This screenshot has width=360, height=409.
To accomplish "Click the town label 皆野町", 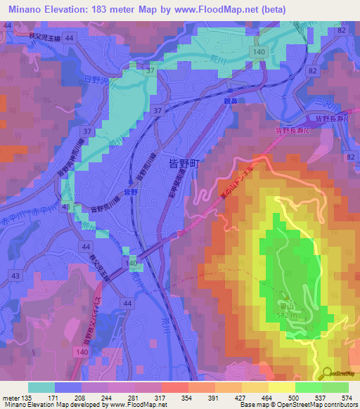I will [185, 164].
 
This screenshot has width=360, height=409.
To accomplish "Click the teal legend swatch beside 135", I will [41, 387].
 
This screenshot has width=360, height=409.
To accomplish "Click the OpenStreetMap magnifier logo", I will [328, 375].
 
